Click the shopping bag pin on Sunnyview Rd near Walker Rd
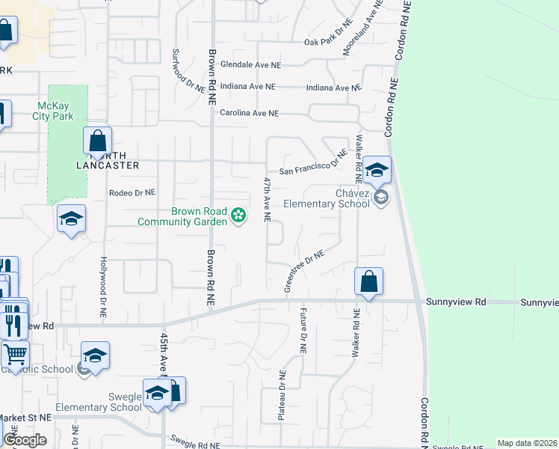368,282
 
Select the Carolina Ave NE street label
249,113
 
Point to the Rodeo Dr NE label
132,192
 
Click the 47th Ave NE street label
266,200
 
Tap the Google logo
25,441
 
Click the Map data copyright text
527,443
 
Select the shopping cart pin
15,354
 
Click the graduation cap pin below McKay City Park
71,218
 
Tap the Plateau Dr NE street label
282,394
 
